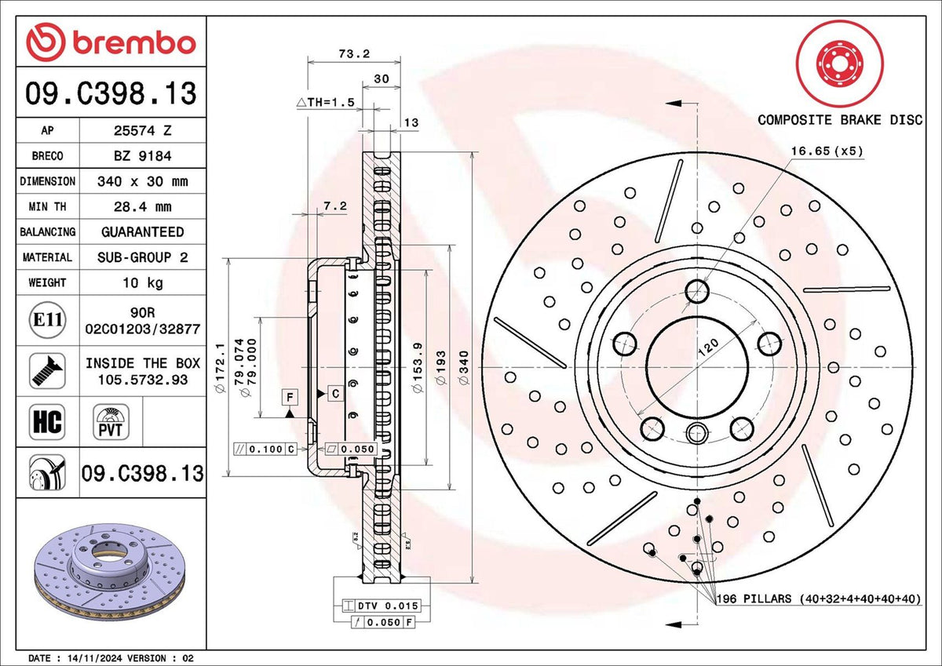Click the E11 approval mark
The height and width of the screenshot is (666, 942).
tap(47, 320)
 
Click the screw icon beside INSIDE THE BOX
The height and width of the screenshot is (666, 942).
tap(46, 369)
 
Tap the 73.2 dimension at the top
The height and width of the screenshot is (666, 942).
tap(353, 53)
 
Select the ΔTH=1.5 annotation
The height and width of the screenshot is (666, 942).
tap(326, 102)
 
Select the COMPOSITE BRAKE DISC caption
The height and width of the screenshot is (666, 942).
tap(839, 119)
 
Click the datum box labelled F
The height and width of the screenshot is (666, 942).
tap(290, 395)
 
